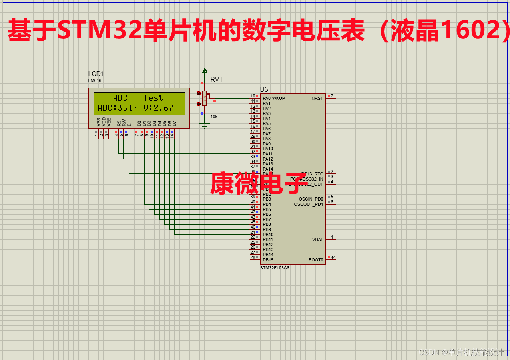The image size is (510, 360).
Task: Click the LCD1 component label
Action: click(96, 74)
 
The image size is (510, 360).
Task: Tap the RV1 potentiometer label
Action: click(216, 80)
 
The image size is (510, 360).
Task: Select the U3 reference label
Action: click(264, 89)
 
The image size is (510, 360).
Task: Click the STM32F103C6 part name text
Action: click(274, 268)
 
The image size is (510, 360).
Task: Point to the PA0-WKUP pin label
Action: click(274, 98)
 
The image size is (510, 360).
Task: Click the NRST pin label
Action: click(317, 98)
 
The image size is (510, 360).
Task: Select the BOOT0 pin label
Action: click(315, 260)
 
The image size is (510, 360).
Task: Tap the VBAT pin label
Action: click(317, 239)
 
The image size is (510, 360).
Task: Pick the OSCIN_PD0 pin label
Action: click(311, 199)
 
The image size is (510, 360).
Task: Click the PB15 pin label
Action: click(268, 260)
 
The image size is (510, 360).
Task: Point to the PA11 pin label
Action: click(268, 154)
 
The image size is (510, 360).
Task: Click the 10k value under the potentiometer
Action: click(214, 117)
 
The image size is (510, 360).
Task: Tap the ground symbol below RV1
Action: click(205, 127)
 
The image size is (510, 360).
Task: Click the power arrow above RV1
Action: click(205, 71)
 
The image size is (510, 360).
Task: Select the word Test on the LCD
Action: click(153, 98)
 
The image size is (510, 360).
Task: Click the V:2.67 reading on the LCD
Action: click(158, 108)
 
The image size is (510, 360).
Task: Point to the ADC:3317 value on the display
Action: click(118, 108)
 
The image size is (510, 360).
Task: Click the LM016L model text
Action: click(96, 80)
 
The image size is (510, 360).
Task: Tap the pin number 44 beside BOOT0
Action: click(333, 257)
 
